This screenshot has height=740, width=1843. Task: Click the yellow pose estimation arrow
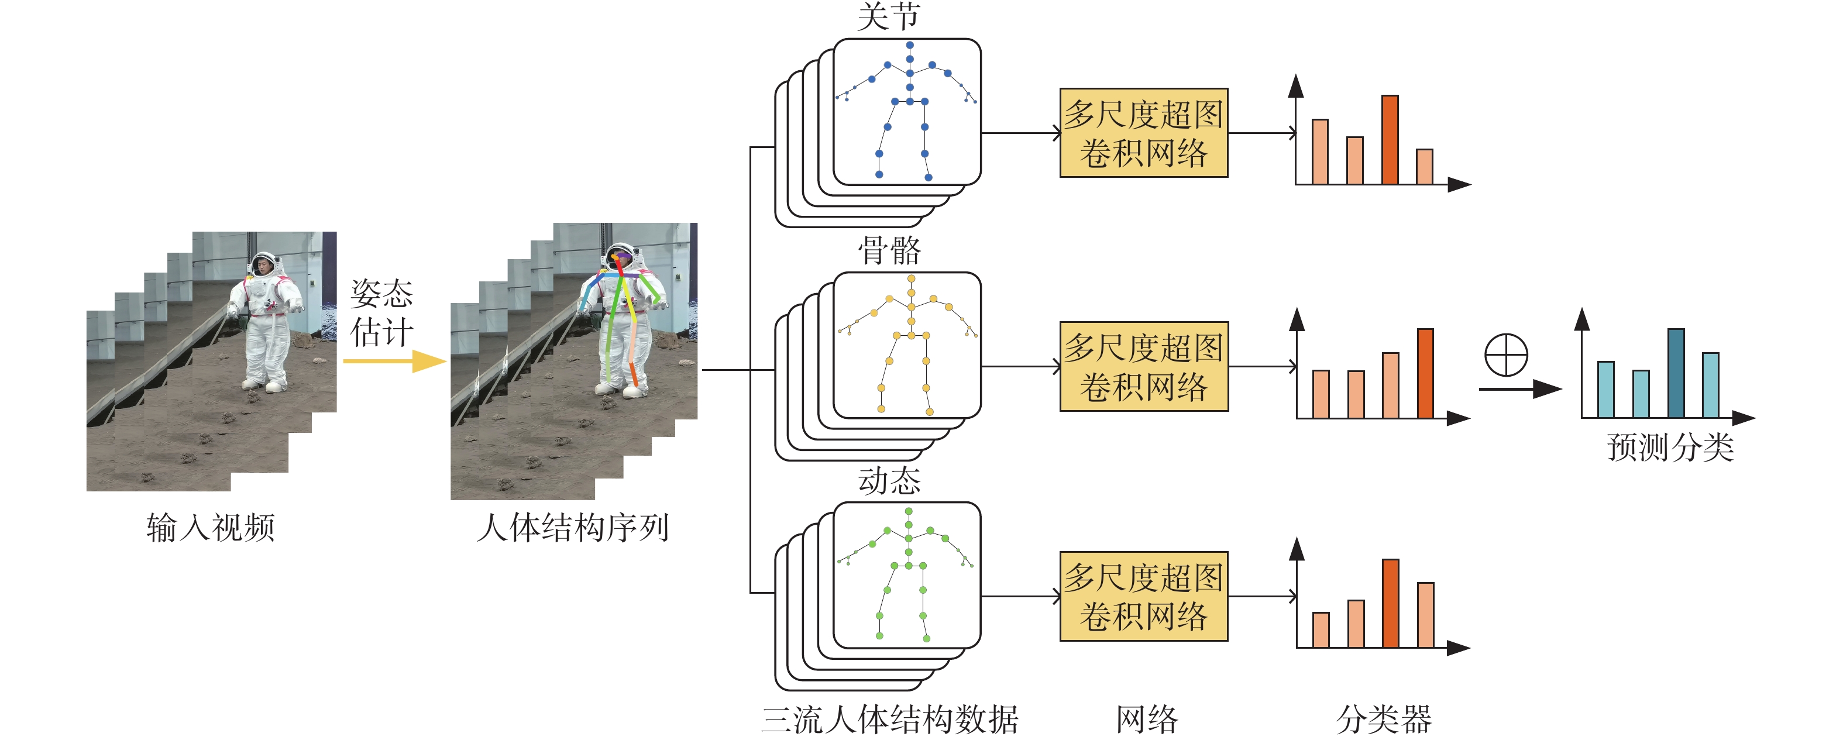(395, 361)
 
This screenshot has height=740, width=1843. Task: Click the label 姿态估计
(381, 314)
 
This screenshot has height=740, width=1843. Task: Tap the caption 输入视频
(211, 528)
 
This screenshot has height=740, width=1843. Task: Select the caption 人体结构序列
(572, 528)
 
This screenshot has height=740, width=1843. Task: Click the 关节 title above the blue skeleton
(889, 16)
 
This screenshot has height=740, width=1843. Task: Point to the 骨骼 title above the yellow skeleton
(889, 250)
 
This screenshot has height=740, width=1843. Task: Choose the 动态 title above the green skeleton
(889, 481)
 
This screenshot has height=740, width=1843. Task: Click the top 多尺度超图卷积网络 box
(1143, 133)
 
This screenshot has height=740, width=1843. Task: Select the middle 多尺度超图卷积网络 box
(1143, 366)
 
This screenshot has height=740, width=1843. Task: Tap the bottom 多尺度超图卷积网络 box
(1143, 596)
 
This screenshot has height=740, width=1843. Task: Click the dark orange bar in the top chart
(1390, 140)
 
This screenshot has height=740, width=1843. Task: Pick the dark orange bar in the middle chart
(1425, 374)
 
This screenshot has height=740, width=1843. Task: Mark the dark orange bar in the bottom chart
(1390, 603)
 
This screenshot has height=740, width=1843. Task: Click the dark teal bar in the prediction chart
(1676, 374)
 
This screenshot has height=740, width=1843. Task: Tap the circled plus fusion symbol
(1506, 354)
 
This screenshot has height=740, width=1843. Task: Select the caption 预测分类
(1670, 448)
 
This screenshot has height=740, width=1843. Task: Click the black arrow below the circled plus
(1519, 390)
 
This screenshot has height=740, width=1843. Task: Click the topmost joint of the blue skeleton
(910, 45)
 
